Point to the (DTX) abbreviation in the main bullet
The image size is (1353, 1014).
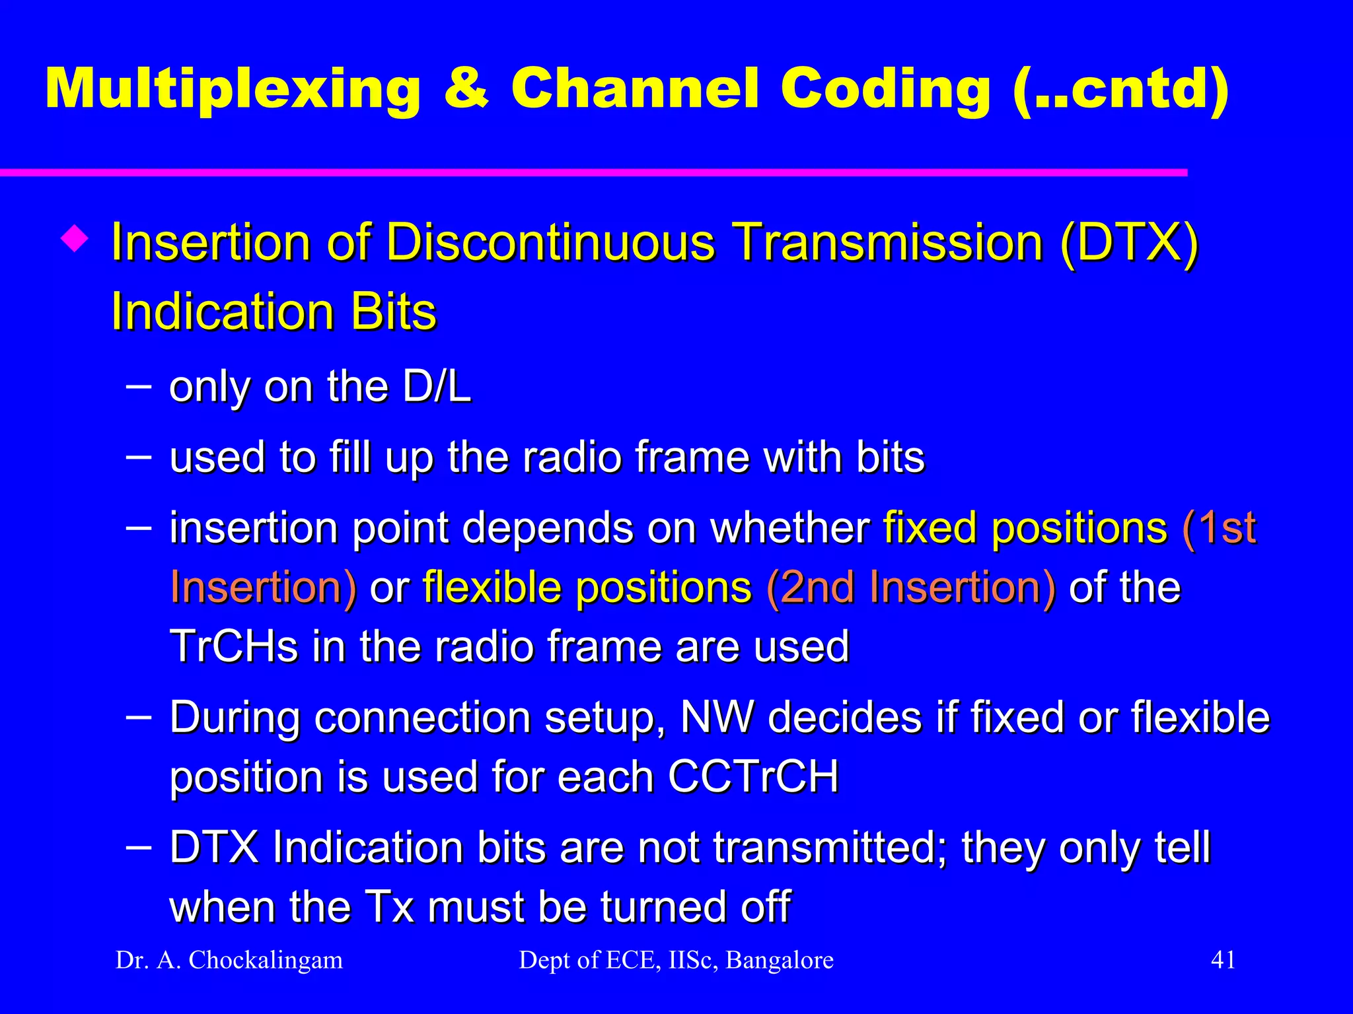tap(1128, 242)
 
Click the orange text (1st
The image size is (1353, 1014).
tap(1219, 527)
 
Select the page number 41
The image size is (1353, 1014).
tap(1223, 959)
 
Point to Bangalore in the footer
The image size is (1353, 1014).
tap(780, 960)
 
